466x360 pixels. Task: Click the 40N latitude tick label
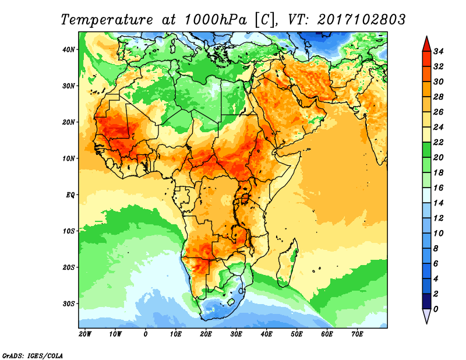click(x=69, y=50)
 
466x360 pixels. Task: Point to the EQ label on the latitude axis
click(x=69, y=195)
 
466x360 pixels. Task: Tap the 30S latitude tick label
click(x=69, y=303)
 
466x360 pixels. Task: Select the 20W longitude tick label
click(x=84, y=334)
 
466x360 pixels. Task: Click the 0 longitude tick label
click(x=146, y=334)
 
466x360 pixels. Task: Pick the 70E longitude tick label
click(x=358, y=334)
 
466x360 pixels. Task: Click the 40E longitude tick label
click(x=267, y=334)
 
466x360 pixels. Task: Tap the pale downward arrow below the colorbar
click(x=426, y=316)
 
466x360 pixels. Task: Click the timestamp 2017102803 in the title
click(x=361, y=19)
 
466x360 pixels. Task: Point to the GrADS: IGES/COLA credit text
click(x=33, y=355)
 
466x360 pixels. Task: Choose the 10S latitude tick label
click(x=69, y=231)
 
